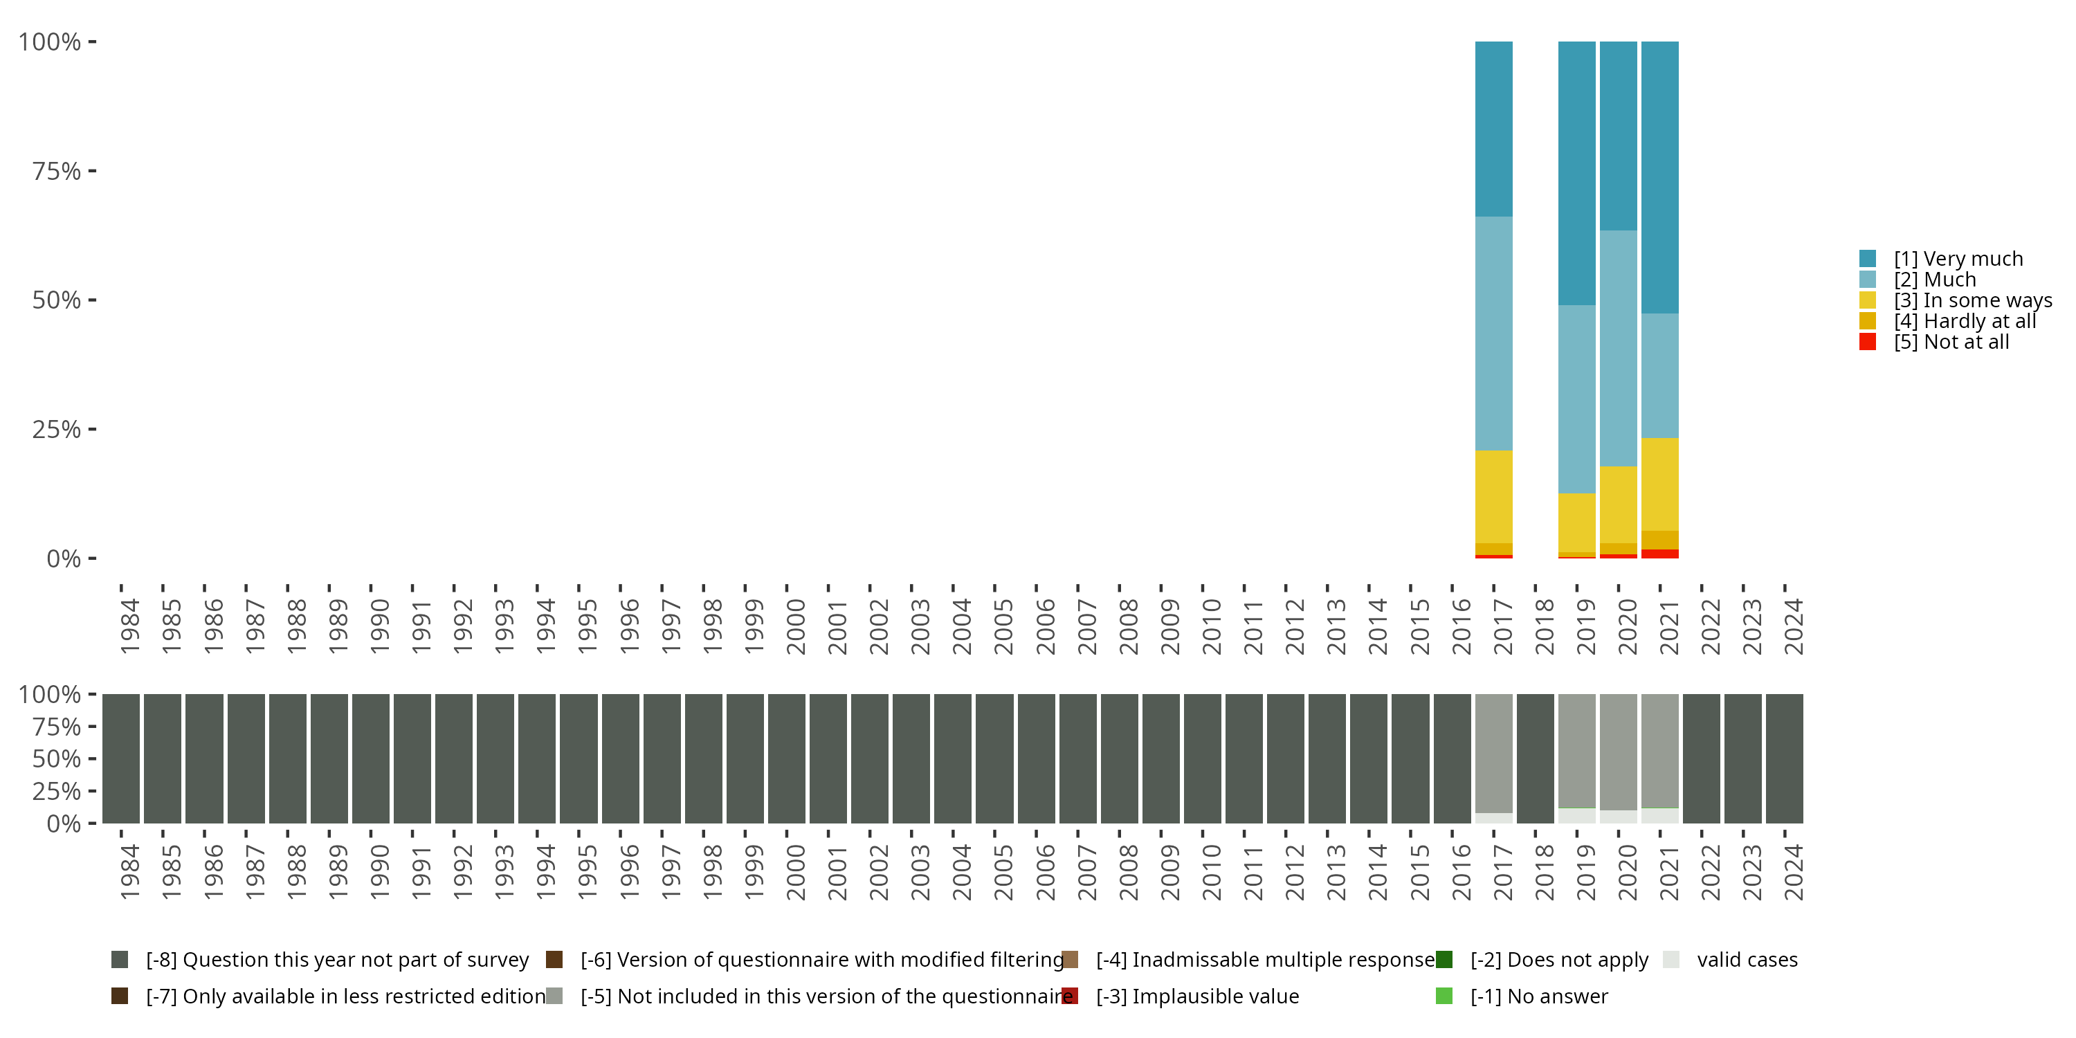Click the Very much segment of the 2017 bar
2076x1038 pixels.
click(1493, 129)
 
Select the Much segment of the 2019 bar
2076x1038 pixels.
click(1576, 399)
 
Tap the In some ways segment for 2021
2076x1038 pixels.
click(1659, 484)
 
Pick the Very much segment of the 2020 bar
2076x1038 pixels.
click(1619, 136)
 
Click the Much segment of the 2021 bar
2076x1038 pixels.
click(1659, 376)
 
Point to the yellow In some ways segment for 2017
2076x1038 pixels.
click(1493, 496)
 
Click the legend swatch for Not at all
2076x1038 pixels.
click(1867, 342)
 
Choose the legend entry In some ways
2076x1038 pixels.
click(1973, 300)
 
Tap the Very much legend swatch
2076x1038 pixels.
click(1867, 259)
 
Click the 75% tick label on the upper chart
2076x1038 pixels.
click(57, 171)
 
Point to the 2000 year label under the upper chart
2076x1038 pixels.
click(795, 627)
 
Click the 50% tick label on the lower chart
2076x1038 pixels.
click(57, 758)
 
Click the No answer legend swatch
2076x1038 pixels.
click(1444, 996)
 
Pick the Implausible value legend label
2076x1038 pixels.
click(1198, 996)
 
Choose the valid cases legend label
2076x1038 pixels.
click(1747, 960)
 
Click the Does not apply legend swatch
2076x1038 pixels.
click(1444, 960)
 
